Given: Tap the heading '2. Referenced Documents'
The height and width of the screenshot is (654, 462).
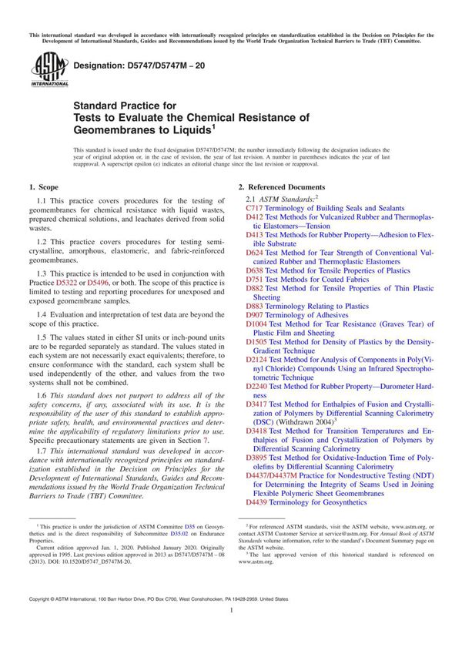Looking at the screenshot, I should [x=281, y=187].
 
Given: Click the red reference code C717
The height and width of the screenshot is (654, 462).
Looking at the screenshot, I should [x=254, y=208].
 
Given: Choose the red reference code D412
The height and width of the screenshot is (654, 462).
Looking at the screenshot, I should [x=254, y=218].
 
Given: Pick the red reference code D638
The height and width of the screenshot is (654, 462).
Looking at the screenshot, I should [x=254, y=270].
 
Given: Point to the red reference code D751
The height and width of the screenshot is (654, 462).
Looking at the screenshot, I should [x=254, y=280].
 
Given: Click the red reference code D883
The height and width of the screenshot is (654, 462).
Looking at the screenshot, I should [x=254, y=306].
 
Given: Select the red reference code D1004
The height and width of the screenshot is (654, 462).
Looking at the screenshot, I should [x=256, y=324].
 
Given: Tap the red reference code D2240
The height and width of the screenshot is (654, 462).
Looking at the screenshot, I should [x=256, y=385].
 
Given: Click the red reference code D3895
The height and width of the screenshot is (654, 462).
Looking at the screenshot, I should [x=256, y=458].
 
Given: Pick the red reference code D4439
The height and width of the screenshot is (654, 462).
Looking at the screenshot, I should [x=256, y=501].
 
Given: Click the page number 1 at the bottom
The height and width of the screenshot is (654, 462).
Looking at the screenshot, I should [x=231, y=630].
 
